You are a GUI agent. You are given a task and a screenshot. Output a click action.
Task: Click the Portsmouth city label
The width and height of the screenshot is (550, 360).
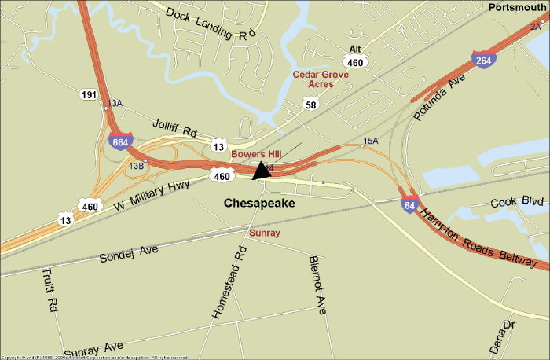click(x=516, y=7)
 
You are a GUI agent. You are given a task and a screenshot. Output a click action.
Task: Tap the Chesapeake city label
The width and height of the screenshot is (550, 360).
click(x=259, y=204)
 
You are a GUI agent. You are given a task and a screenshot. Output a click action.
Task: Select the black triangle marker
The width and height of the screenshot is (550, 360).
click(x=261, y=171)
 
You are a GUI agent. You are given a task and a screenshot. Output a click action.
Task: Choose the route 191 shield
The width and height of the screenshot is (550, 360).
click(x=89, y=94)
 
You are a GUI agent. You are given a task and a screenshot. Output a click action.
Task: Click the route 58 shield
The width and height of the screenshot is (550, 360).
click(x=312, y=104)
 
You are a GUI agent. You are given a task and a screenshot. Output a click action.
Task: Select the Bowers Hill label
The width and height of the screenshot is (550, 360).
click(x=257, y=155)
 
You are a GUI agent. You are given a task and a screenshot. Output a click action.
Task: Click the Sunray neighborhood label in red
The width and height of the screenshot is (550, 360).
click(x=264, y=233)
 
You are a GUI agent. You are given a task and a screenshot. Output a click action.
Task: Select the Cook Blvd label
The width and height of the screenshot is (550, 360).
click(x=517, y=202)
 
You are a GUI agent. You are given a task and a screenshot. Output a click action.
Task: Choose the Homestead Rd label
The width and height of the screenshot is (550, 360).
click(x=229, y=282)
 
